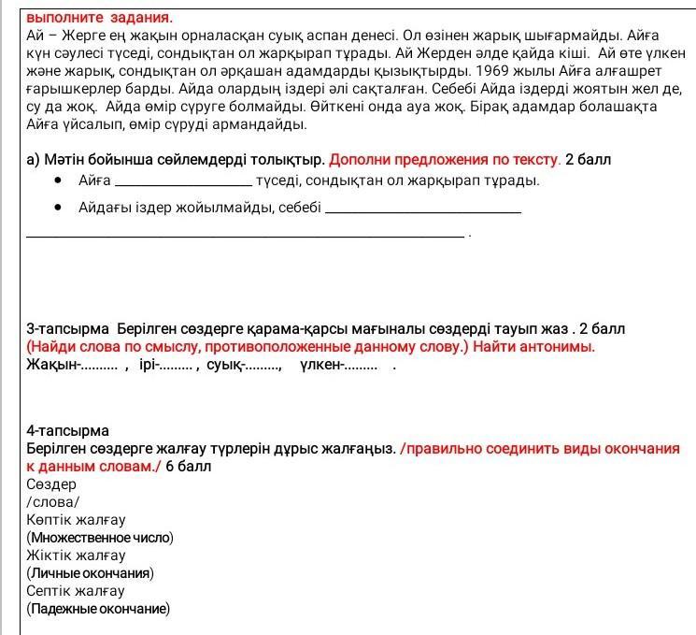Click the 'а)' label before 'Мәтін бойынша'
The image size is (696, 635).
click(34, 159)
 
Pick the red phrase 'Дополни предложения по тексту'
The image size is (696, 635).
click(444, 159)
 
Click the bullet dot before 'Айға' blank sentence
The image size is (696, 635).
click(59, 180)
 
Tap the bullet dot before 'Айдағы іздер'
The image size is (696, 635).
click(59, 208)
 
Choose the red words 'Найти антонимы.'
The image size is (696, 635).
click(533, 347)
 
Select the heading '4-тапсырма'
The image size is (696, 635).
click(67, 431)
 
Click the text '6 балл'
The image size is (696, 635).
click(189, 466)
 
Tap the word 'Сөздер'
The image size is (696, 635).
click(51, 484)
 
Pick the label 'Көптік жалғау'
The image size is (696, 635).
click(76, 520)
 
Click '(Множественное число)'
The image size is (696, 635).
click(100, 538)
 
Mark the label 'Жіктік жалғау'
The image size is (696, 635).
click(76, 556)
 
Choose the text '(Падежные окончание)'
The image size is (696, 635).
click(98, 609)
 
